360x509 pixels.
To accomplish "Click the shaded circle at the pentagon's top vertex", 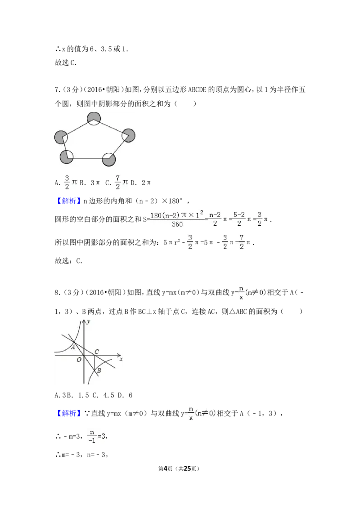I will (94, 119).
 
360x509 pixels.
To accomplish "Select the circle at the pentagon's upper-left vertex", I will (61, 138).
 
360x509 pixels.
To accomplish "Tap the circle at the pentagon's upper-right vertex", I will (128, 135).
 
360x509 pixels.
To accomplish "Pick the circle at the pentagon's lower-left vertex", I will (67, 157).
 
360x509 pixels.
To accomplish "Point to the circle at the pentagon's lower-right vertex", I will (109, 160).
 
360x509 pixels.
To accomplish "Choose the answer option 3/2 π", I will (70, 182).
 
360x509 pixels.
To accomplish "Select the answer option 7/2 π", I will (121, 182).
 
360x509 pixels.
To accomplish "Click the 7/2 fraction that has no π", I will (242, 242).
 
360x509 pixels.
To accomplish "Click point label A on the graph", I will (73, 347).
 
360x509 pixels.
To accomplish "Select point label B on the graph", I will (99, 371).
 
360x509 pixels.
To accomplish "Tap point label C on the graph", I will (97, 351).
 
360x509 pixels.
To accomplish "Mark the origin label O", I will (79, 360).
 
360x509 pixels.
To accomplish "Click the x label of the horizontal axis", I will (121, 360).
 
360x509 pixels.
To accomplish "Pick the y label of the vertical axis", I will (89, 321).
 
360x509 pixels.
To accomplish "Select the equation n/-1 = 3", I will (97, 436).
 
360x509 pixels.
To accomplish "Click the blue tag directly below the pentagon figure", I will (70, 201).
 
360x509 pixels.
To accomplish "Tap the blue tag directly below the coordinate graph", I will (70, 413).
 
